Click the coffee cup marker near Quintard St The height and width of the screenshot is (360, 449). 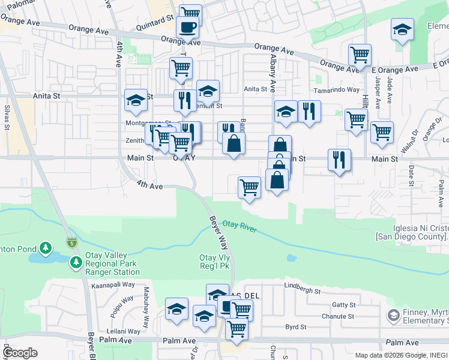click(x=187, y=27)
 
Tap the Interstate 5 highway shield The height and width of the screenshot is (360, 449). click(x=71, y=243)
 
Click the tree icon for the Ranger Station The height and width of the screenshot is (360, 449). click(x=76, y=262)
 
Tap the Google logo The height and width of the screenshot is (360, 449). click(x=20, y=353)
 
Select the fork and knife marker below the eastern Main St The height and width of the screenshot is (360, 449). click(x=339, y=160)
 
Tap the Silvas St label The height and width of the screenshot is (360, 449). click(x=7, y=118)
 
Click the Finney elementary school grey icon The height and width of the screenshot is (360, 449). click(x=393, y=315)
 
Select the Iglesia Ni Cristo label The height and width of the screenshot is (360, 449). click(x=412, y=232)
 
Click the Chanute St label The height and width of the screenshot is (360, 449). click(x=338, y=316)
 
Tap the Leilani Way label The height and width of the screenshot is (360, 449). click(x=123, y=331)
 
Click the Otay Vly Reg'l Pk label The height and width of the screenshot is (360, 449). click(x=215, y=262)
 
